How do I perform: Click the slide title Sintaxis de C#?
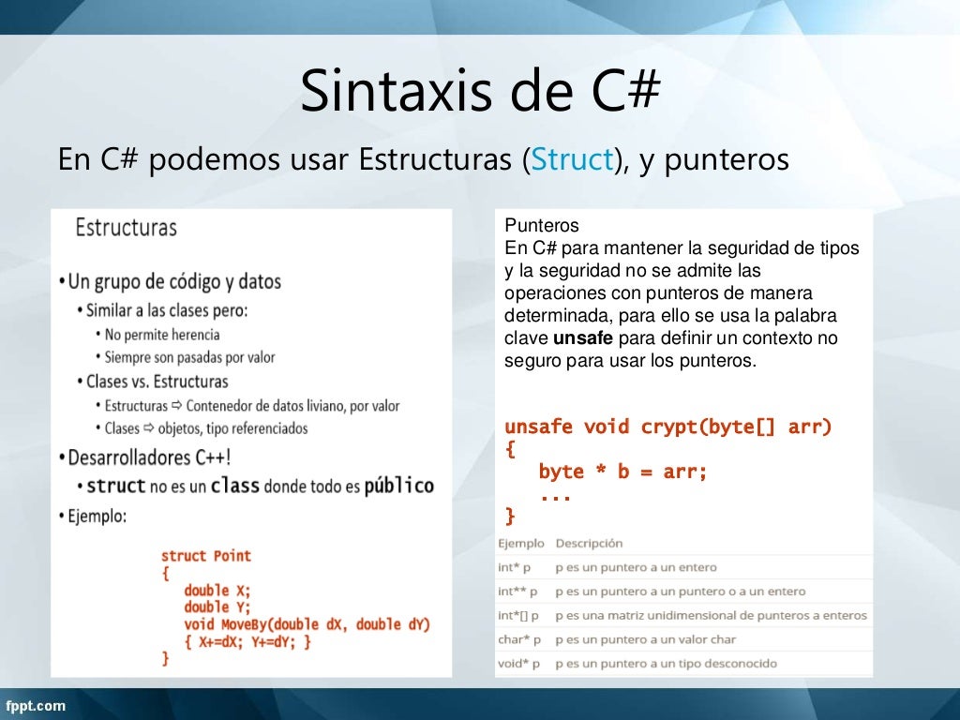pos(481,93)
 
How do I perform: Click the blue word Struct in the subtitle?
pos(572,160)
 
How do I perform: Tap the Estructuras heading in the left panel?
pos(126,228)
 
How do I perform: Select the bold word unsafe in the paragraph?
pos(582,338)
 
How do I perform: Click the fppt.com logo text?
pos(37,705)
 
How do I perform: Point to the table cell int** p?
pos(517,592)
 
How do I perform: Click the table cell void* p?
pos(517,664)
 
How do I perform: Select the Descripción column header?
pos(589,543)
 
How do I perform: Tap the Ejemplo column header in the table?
pos(520,543)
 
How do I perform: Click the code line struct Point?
pos(206,556)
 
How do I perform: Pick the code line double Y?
pos(217,607)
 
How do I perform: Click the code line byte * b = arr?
pos(622,472)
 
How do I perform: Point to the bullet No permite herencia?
pos(162,335)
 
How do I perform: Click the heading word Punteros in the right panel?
pos(542,226)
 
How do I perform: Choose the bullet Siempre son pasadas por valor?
pos(190,357)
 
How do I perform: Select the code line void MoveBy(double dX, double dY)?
pos(307,624)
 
